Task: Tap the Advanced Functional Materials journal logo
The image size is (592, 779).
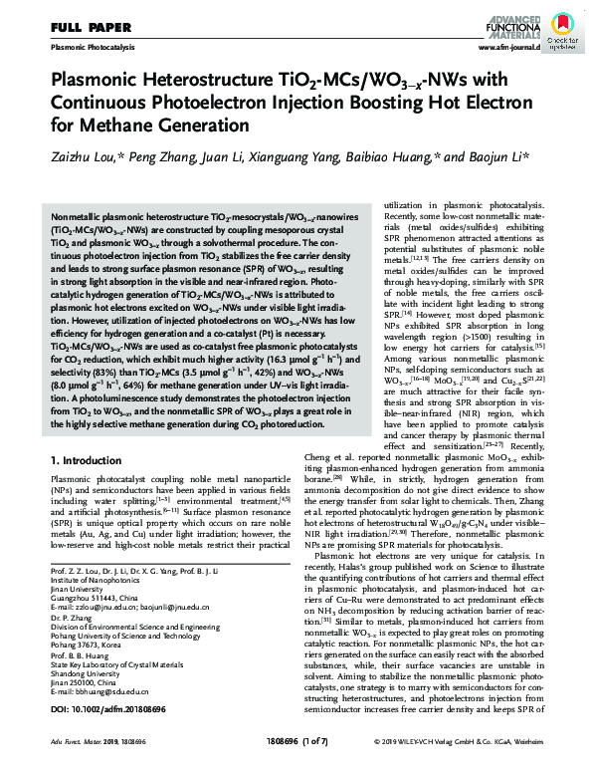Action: coord(509,22)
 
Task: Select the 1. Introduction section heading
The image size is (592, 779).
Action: coord(89,461)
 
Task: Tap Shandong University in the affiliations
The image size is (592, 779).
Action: coord(88,668)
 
